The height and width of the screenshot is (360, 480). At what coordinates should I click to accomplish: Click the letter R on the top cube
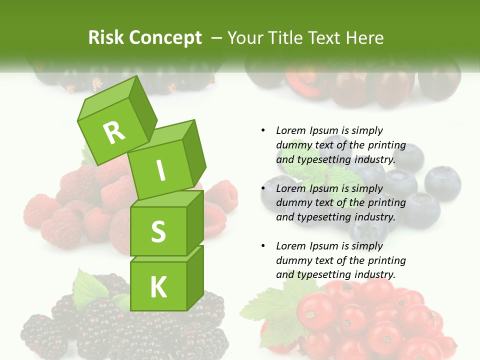click(114, 132)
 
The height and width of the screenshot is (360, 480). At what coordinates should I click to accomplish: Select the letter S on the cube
click(158, 231)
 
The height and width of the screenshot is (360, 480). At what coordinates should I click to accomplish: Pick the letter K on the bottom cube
click(158, 286)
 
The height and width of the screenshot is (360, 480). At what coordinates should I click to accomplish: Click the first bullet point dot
click(263, 130)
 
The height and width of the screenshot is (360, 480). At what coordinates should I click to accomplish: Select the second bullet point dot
click(263, 188)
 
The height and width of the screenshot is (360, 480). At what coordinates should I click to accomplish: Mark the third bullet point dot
click(263, 246)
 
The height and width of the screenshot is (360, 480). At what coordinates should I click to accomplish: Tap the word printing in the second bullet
click(386, 203)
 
